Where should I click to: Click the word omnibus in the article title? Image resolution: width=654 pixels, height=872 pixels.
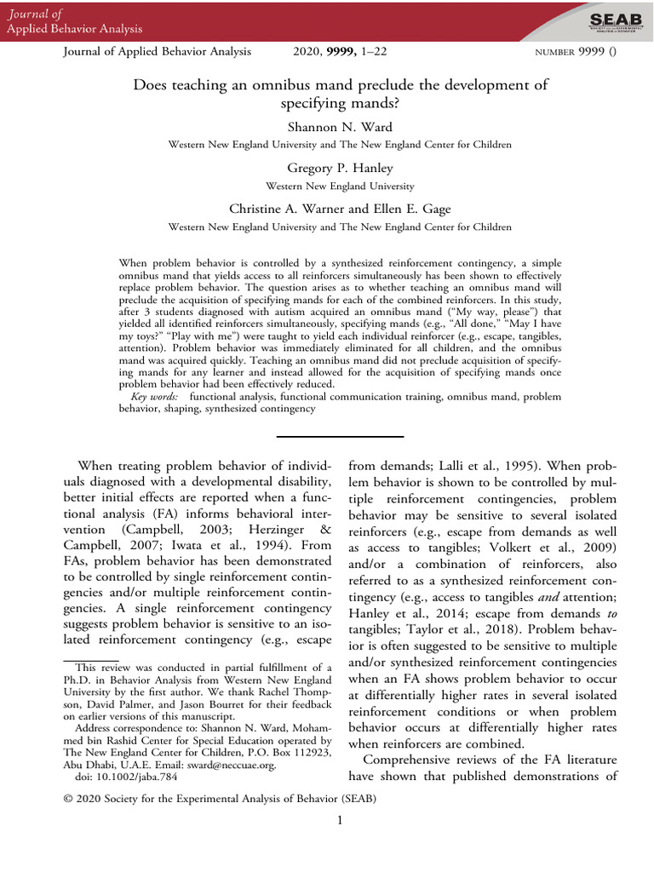(x=300, y=85)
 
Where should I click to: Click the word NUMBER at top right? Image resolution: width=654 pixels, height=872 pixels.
(x=557, y=52)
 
